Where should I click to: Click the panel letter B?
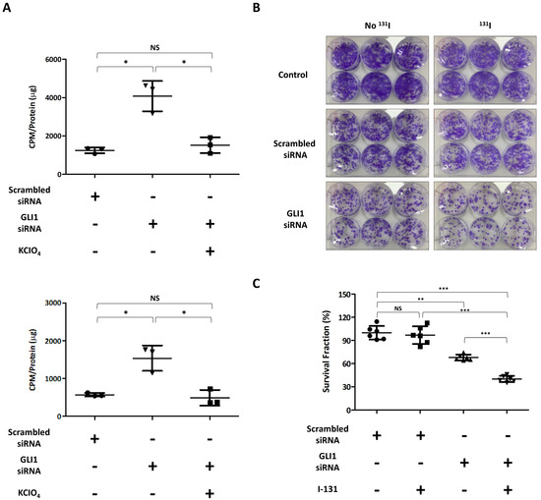pyautogui.click(x=281, y=8)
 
